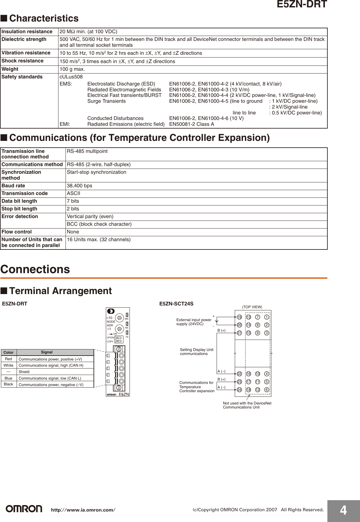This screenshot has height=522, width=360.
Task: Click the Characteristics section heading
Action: [44, 18]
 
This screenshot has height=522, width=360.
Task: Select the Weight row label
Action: [10, 69]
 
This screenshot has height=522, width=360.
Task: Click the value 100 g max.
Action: [72, 69]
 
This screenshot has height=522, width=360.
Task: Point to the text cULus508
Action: [71, 77]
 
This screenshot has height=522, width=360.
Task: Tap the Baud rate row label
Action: [13, 185]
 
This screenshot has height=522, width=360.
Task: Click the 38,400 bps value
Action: [79, 185]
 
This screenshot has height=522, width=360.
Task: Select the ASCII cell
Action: [74, 193]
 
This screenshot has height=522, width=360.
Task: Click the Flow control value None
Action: [73, 232]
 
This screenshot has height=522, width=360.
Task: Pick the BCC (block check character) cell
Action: [99, 224]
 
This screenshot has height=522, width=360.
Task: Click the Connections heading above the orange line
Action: [35, 269]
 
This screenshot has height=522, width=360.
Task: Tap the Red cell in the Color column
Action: [9, 359]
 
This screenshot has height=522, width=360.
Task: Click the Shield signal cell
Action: [24, 372]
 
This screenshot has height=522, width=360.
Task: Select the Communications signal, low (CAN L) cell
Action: [50, 378]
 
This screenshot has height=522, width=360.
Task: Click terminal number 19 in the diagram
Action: [239, 317]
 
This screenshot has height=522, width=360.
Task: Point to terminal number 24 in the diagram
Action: [239, 390]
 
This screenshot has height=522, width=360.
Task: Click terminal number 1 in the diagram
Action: [267, 317]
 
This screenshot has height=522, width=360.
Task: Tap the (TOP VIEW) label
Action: [252, 307]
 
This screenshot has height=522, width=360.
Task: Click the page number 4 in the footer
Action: [343, 510]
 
